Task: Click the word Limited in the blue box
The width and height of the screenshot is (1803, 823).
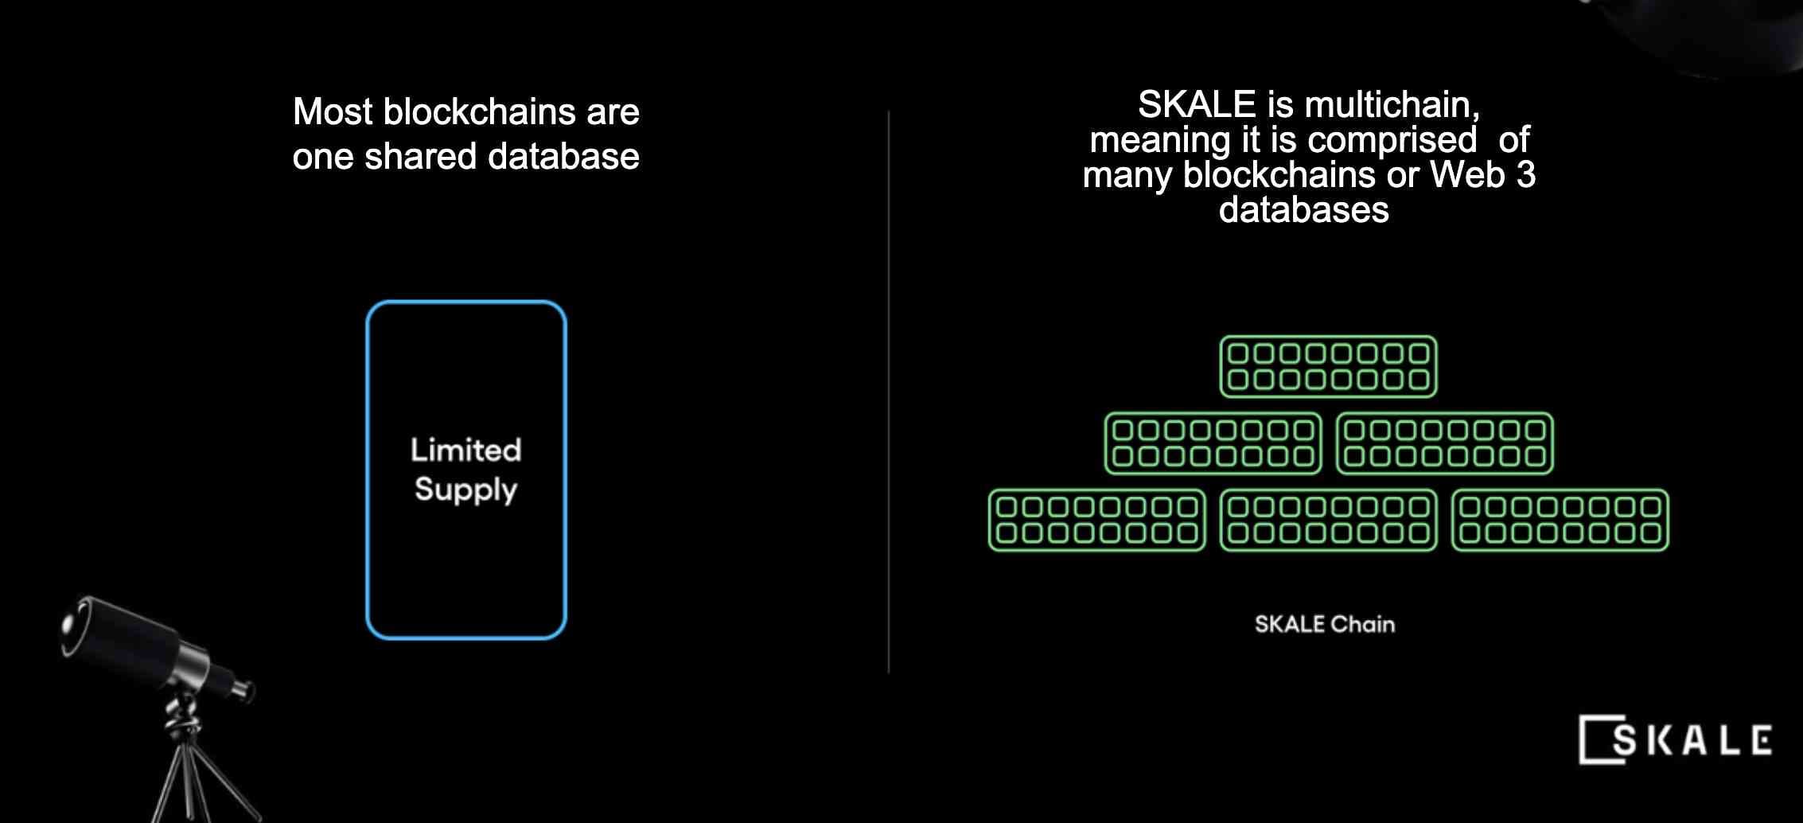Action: point(466,450)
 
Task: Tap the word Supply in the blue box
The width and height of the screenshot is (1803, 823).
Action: point(466,490)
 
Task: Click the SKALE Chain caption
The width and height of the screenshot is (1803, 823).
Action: point(1325,624)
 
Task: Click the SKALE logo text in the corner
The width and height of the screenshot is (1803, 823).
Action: point(1692,740)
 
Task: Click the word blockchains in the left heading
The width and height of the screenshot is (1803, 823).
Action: point(479,111)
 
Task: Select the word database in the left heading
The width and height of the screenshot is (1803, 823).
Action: point(563,156)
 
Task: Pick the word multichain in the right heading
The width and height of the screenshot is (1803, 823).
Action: point(1392,105)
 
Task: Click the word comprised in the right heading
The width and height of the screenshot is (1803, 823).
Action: point(1392,141)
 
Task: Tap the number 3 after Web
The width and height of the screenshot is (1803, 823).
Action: point(1525,175)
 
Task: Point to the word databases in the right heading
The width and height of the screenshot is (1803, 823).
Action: point(1304,210)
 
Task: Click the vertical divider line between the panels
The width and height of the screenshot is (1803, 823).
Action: point(889,392)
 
